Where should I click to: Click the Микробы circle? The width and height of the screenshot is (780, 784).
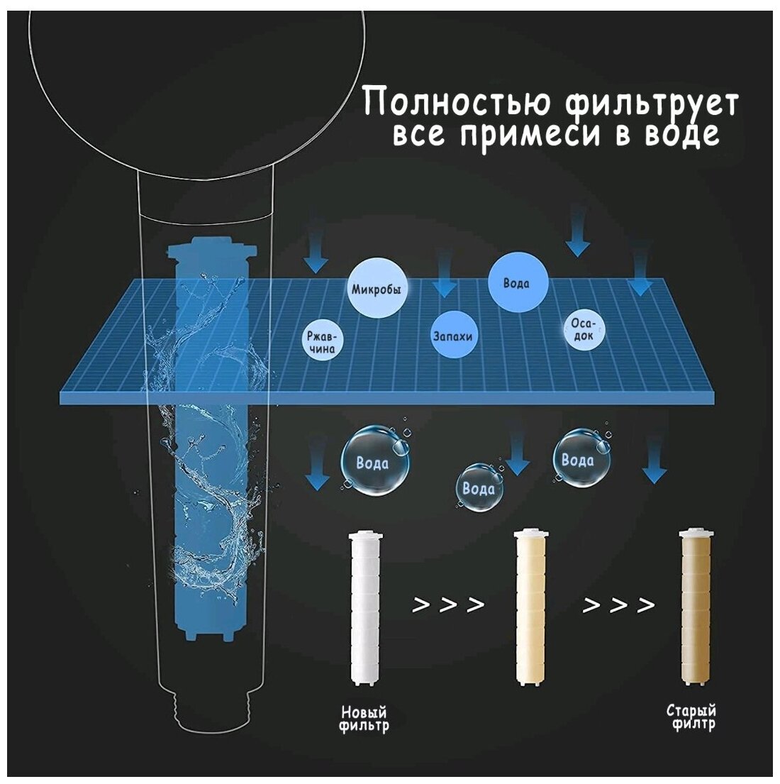coord(377,289)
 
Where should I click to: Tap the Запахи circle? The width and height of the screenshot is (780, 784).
coord(452,336)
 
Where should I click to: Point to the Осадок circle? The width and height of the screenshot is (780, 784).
coord(584,329)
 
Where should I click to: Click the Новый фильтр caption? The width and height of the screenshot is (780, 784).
coord(364,719)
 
